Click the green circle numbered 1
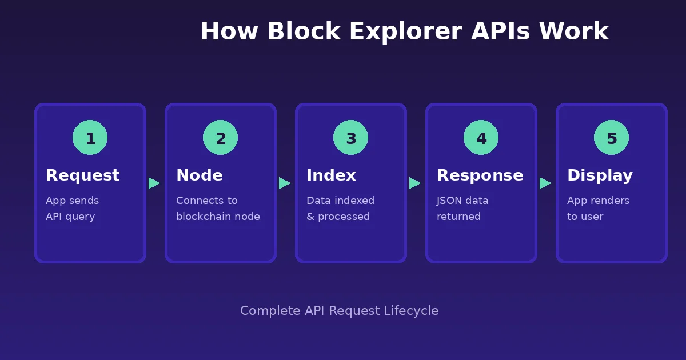coord(90,138)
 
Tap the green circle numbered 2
coord(220,138)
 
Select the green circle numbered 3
coord(350,138)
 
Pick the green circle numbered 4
coord(481,138)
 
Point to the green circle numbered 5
coord(611,138)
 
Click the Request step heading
coord(82,175)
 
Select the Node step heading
coord(199,175)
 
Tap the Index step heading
coord(331,175)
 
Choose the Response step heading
coord(480,175)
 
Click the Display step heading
coord(600,175)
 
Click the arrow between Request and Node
coord(154,183)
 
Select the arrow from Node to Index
coord(285,183)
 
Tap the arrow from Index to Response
coord(415,183)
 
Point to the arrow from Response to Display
coord(545,183)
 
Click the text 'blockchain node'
coord(218,217)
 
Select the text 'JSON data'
coord(462,201)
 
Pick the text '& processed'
coord(338,217)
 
